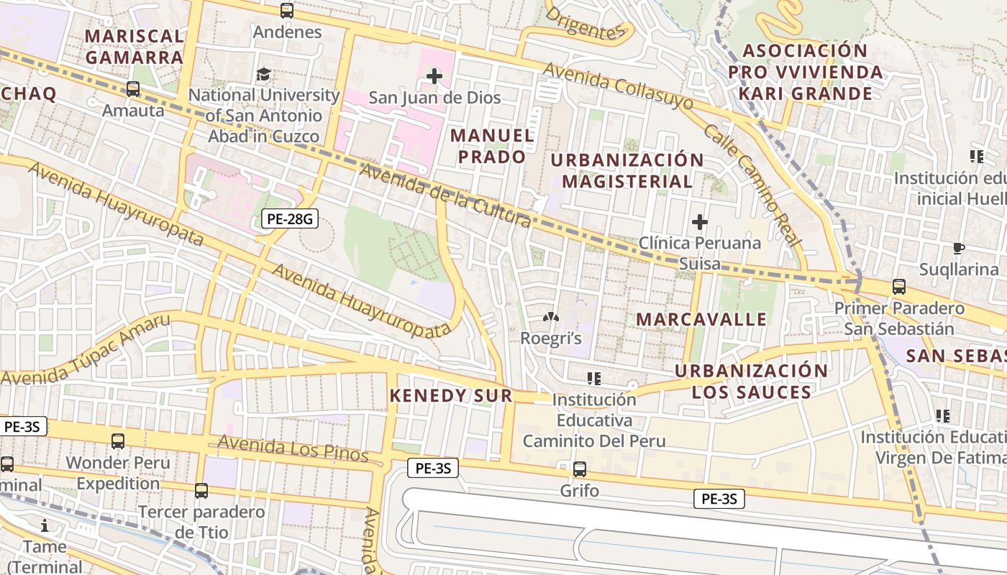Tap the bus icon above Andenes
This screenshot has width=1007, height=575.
pos(287,11)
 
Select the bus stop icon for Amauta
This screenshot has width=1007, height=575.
pos(133,89)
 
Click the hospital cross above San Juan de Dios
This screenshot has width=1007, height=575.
pos(434,75)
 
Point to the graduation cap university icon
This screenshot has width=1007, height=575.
pos(264,74)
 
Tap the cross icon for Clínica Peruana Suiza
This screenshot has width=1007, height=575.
pos(699,222)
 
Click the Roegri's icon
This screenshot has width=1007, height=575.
pos(550,317)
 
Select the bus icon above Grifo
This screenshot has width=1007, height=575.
pos(579,469)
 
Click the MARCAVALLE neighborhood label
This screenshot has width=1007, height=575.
pos(702,319)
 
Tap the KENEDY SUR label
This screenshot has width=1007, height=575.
pos(451,395)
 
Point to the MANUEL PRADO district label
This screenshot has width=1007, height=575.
pos(493,146)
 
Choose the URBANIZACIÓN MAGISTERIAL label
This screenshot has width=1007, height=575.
pos(627,170)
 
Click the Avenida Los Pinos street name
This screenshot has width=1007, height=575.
pos(293,449)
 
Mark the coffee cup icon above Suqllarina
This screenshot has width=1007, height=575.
pos(958,249)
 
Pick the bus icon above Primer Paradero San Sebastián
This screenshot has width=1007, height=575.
pos(899,287)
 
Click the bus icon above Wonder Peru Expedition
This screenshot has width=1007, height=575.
pos(118,441)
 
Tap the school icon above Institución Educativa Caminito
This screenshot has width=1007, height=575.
pos(594,378)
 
